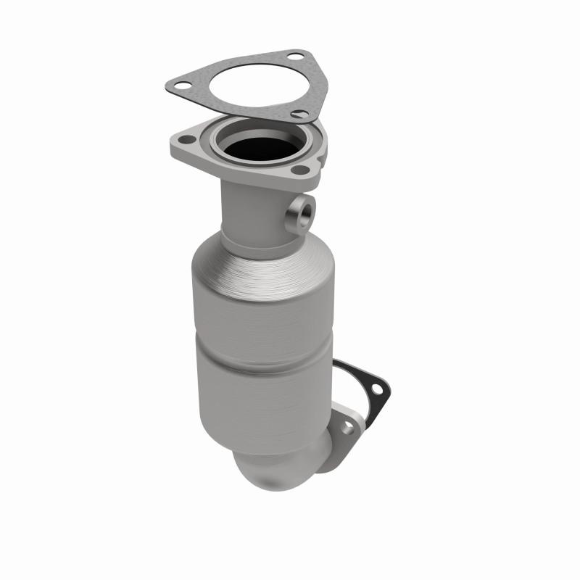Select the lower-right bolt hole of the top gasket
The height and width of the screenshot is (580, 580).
(297, 113)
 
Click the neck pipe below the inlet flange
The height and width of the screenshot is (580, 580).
(250, 210)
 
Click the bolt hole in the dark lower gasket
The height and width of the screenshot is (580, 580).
(376, 389)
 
